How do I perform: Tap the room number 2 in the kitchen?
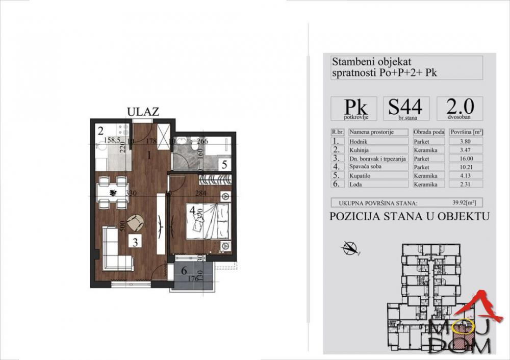[x=101, y=130]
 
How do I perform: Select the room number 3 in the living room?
[x=135, y=242]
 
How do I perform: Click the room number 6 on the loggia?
[x=184, y=272]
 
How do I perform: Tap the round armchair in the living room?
[x=135, y=222]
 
